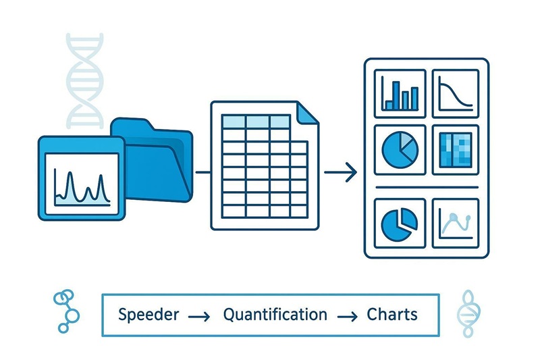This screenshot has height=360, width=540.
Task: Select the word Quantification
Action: pos(275,315)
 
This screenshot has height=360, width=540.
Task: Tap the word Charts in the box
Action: pos(391,315)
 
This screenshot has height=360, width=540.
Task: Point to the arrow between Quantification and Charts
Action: pos(347,316)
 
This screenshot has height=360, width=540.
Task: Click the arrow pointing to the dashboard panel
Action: pos(341,173)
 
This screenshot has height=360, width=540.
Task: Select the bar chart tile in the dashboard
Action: pos(400,92)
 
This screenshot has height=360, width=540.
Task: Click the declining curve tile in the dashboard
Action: pos(455,92)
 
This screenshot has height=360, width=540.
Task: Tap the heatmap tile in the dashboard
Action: pos(455,147)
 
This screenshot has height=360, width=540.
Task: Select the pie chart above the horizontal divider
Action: pos(400,148)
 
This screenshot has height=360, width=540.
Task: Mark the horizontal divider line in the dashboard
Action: pos(426,186)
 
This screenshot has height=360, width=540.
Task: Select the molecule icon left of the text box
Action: pos(65,311)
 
